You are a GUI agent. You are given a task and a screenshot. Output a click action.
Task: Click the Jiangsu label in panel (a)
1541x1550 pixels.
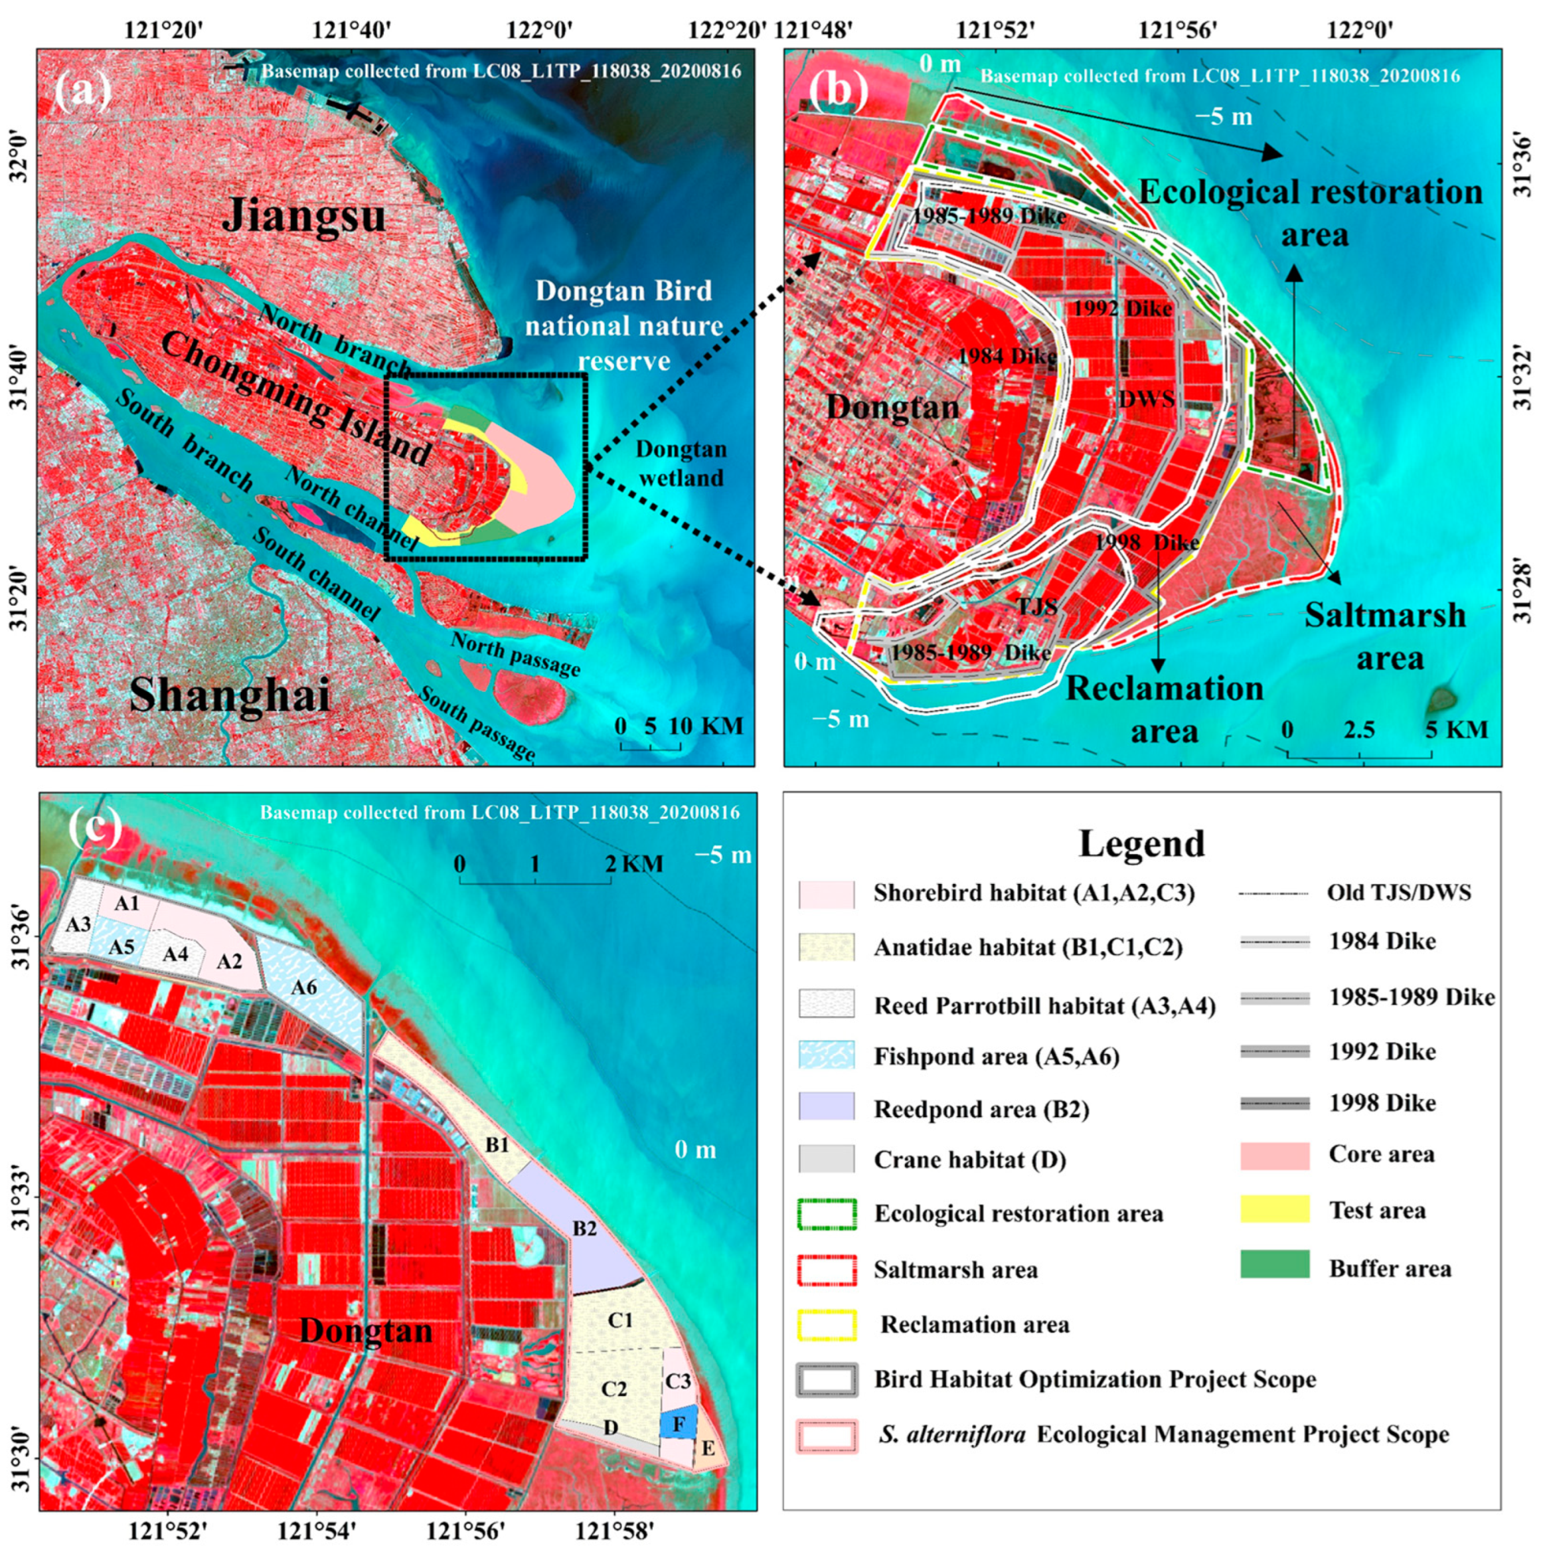[x=303, y=216]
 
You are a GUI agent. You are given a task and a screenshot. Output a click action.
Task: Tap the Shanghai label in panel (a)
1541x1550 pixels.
[x=230, y=694]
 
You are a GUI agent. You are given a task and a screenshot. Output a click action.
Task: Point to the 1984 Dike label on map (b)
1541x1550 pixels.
[x=1007, y=355]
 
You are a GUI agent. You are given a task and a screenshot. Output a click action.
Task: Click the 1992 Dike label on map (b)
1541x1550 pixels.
[x=1122, y=307]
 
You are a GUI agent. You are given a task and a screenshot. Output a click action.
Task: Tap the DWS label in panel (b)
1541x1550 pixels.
[x=1147, y=398]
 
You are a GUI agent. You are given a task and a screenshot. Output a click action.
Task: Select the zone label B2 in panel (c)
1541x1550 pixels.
[x=585, y=1229]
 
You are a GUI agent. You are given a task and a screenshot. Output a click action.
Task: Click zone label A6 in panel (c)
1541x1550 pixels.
[x=304, y=988]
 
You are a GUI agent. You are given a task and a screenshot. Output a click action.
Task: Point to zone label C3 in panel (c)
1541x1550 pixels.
[x=678, y=1381]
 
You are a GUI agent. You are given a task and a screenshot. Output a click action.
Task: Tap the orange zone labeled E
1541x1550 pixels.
[x=708, y=1449]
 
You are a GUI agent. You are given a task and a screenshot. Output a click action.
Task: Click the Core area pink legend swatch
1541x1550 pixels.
[x=1274, y=1156]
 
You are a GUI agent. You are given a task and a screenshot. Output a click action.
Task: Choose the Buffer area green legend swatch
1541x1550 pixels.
[x=1274, y=1268]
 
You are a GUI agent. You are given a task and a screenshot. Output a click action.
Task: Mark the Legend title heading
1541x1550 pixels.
[x=1141, y=843]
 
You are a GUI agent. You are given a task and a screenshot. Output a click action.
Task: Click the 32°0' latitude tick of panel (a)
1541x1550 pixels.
[x=18, y=158]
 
